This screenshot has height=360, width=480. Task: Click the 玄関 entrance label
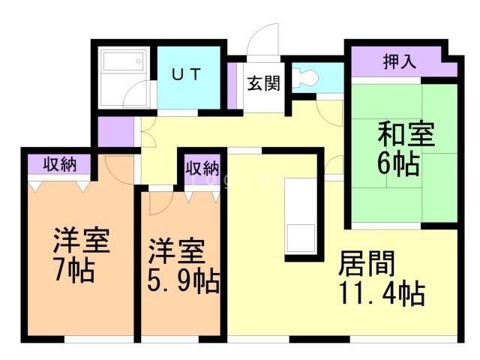[262, 83]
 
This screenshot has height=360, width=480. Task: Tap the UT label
[187, 74]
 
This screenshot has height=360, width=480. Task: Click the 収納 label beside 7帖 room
[57, 163]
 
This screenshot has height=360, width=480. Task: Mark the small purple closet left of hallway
[115, 132]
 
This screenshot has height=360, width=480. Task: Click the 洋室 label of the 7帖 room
[82, 241]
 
